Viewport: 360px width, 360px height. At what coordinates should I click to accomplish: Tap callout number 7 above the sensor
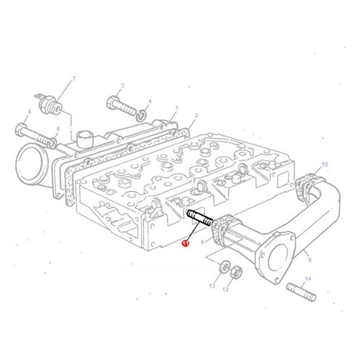[x=74, y=79]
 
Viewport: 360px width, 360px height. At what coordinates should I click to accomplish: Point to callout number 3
[x=122, y=85]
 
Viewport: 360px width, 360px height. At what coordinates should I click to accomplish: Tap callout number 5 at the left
[x=29, y=112]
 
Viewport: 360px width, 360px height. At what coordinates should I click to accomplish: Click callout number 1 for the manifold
[x=176, y=108]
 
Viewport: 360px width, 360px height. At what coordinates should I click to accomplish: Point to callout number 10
[x=325, y=165]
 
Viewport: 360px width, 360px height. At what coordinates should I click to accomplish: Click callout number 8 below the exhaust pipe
[x=309, y=260]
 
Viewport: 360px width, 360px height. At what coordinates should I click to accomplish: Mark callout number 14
[x=308, y=279]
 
